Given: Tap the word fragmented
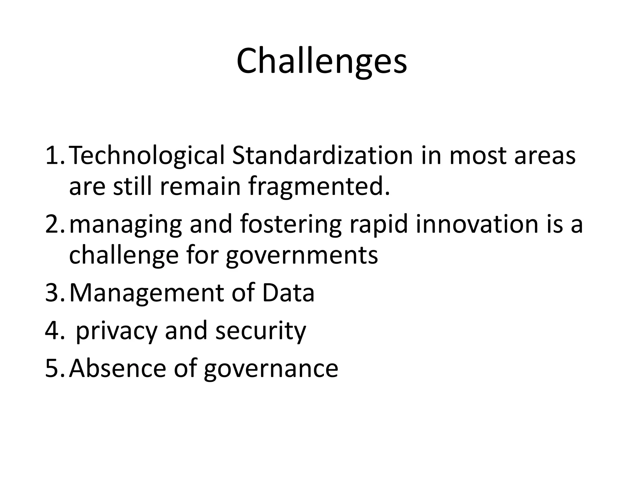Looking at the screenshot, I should pos(319,186).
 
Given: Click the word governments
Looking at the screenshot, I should pos(302,255).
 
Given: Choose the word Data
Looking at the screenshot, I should pos(288,293).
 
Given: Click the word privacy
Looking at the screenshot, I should pos(116,331).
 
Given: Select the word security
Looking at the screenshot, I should pos(260,331).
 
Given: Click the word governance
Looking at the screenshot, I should pos(271,369).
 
